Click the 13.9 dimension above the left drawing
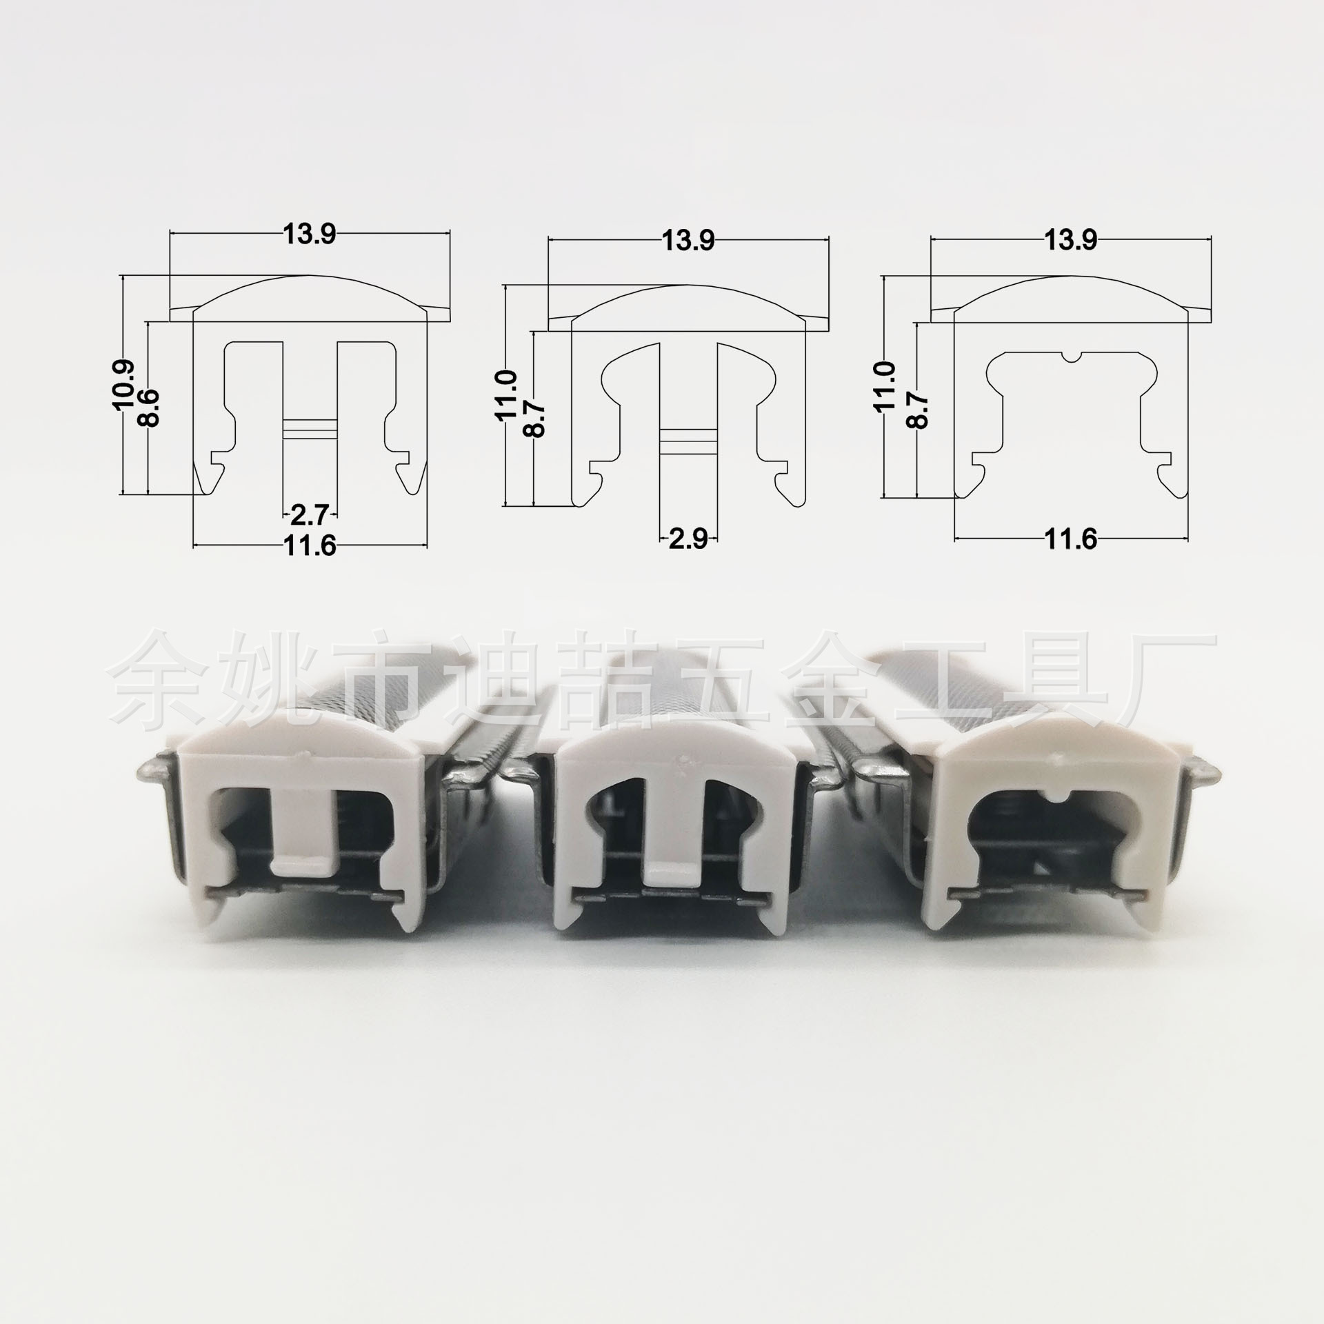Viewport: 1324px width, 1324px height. [x=309, y=235]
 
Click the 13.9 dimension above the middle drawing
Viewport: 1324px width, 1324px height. [x=688, y=241]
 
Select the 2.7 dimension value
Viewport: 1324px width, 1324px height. [x=310, y=514]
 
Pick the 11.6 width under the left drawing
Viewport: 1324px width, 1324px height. [x=309, y=547]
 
